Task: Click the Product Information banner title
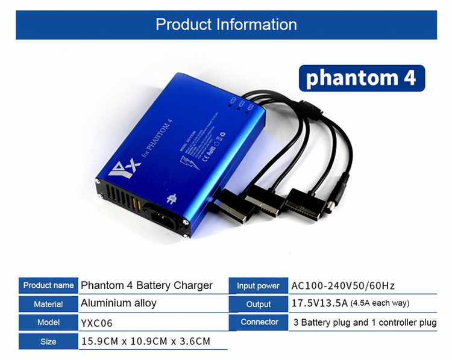[226, 25]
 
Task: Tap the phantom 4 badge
[362, 78]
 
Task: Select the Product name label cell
[48, 285]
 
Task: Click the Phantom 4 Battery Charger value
[146, 285]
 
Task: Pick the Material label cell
[48, 304]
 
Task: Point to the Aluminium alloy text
[119, 303]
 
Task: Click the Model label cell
[48, 323]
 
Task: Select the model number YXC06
[96, 323]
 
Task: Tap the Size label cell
[48, 341]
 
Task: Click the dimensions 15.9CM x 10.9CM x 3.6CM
[145, 341]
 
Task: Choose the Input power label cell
[258, 286]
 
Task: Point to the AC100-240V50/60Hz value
[343, 286]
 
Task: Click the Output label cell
[258, 305]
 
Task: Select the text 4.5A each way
[380, 303]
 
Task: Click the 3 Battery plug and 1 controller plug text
[365, 323]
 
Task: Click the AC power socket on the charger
[161, 214]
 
